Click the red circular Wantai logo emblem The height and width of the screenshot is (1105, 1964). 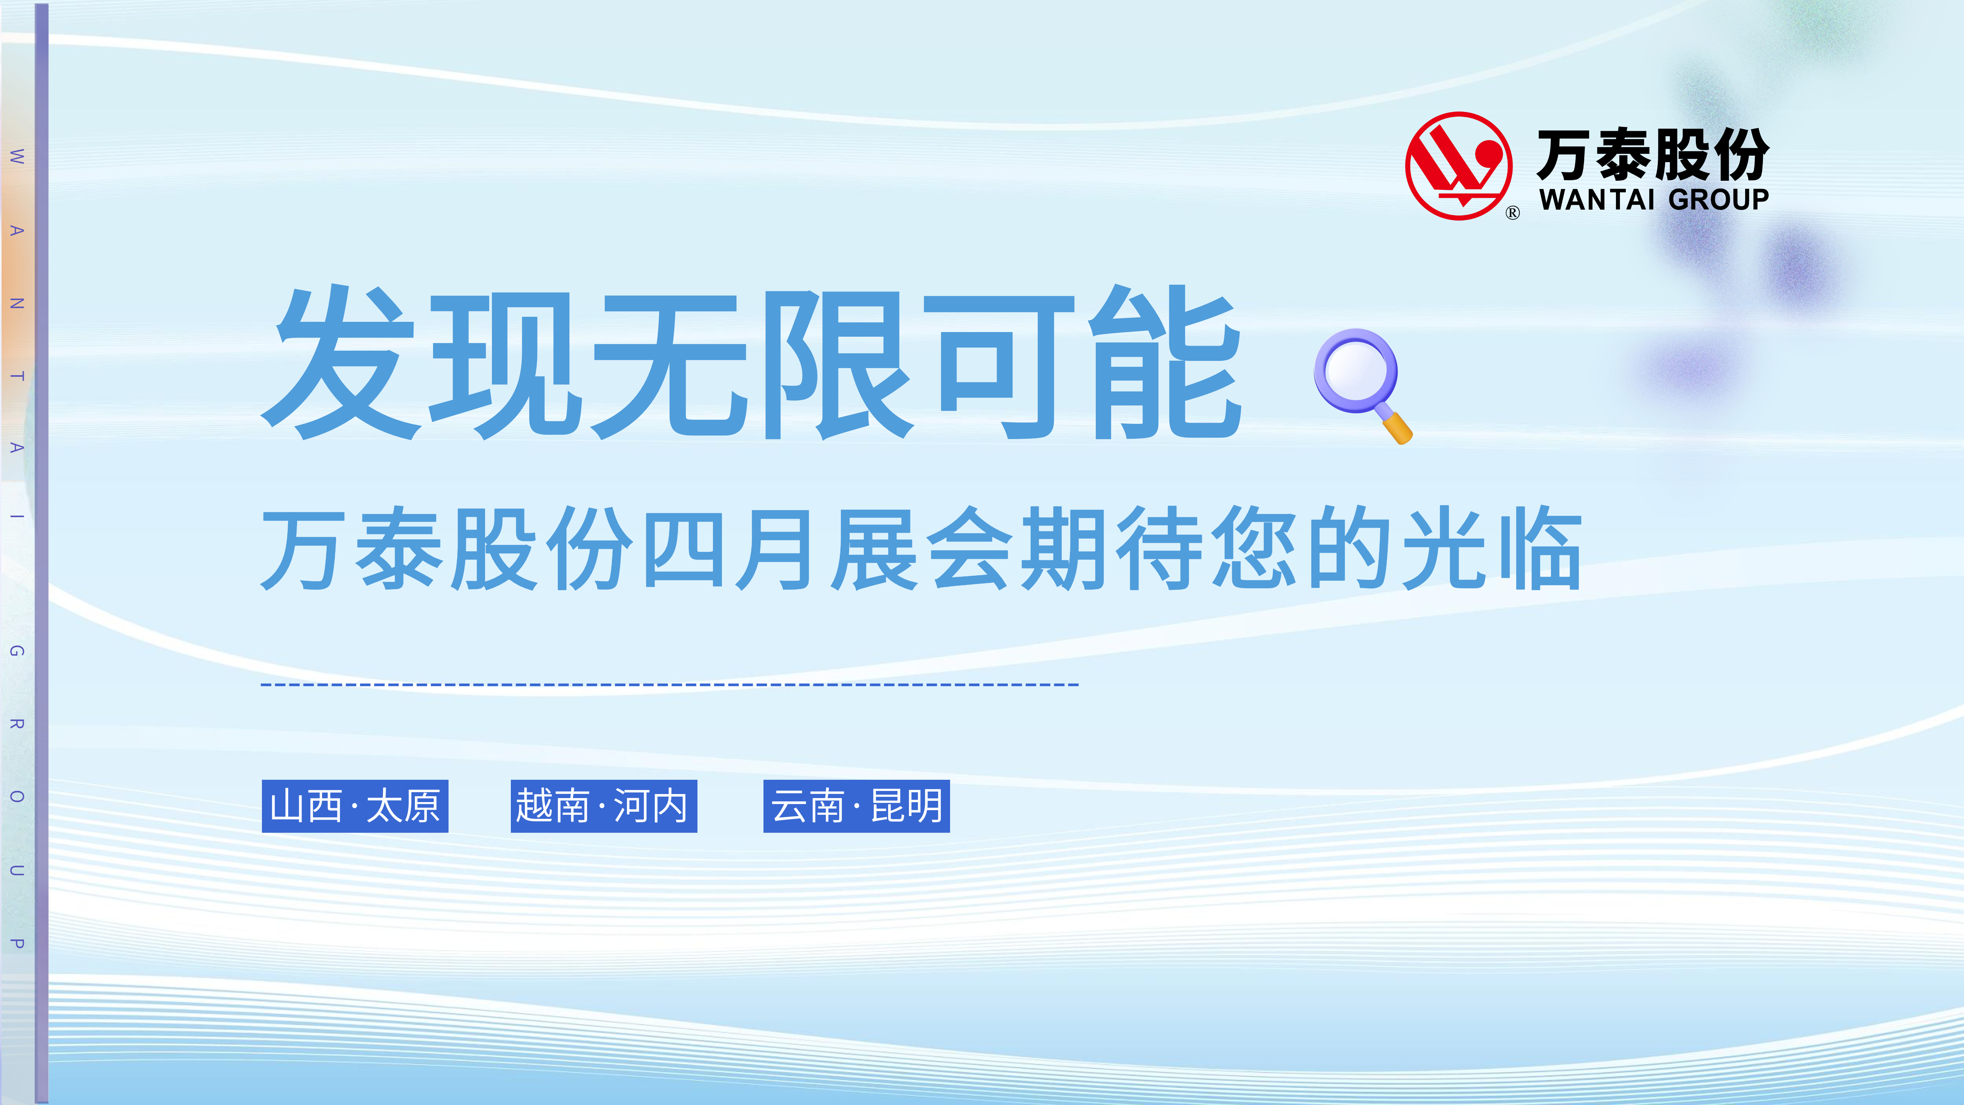pos(1458,166)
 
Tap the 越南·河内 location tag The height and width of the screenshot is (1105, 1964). pos(604,806)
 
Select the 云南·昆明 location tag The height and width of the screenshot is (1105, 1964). pos(856,806)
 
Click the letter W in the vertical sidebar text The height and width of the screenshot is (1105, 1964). pos(17,157)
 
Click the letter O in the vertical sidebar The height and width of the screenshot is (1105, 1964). pos(17,797)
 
